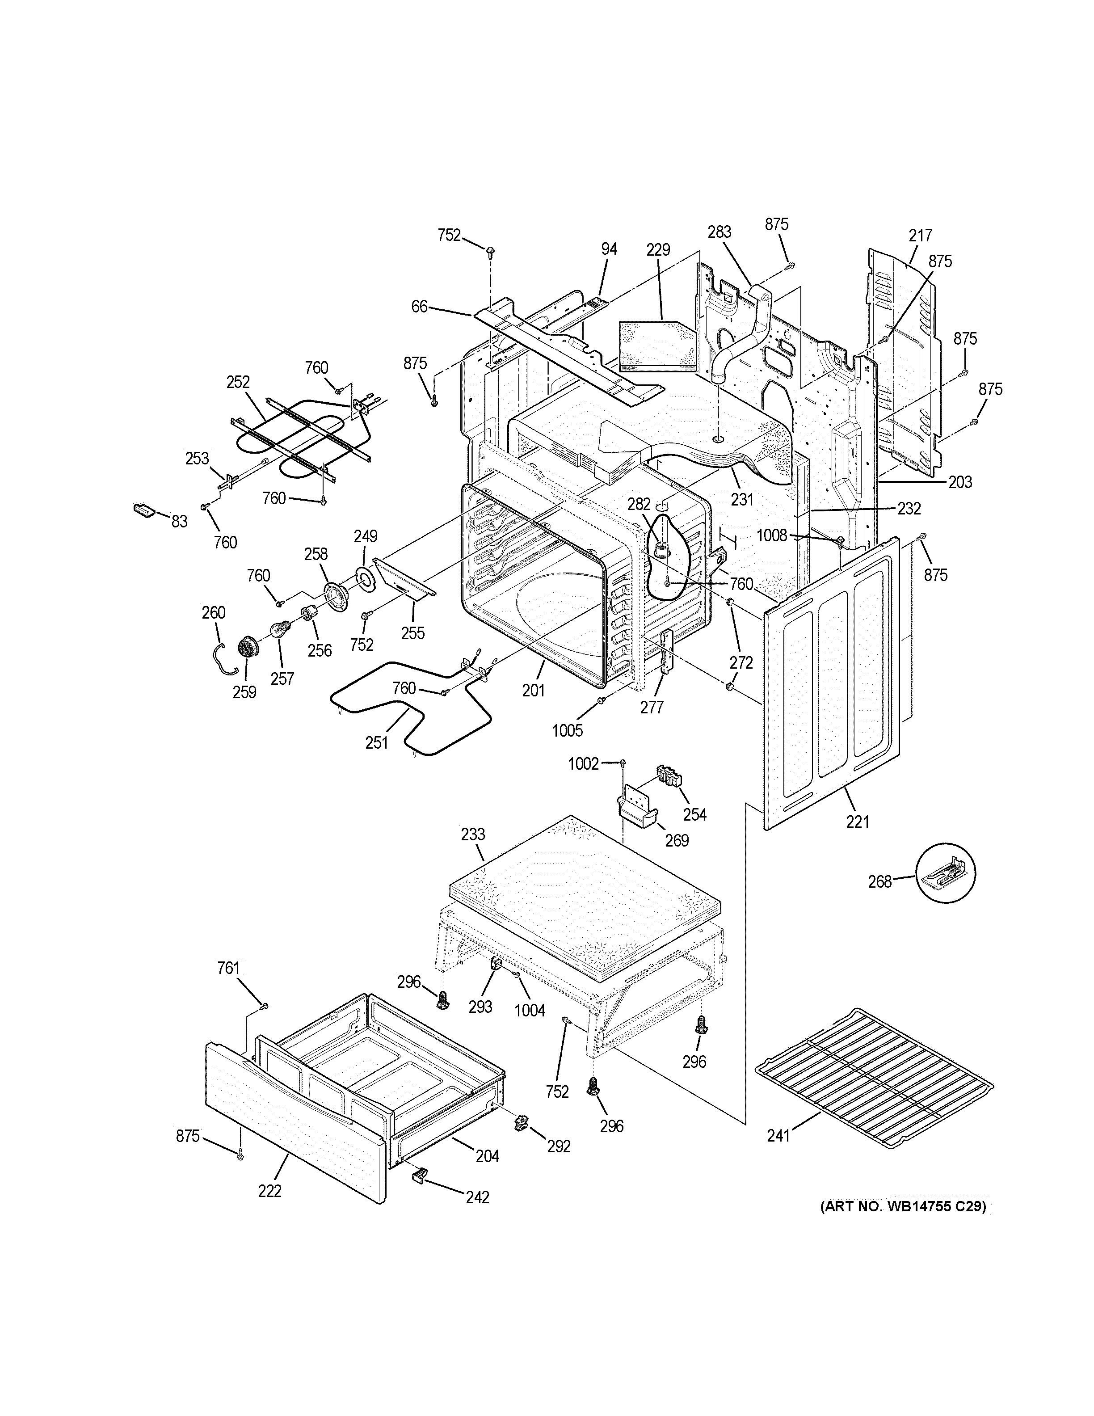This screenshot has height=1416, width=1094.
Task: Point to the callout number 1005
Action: [x=567, y=731]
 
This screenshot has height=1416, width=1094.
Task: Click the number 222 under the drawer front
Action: [x=269, y=1191]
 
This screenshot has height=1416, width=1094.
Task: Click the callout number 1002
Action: [x=583, y=764]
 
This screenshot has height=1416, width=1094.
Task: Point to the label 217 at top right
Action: [x=920, y=236]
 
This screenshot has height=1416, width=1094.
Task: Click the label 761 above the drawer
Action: [x=228, y=986]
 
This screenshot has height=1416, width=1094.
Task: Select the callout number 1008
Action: [x=771, y=535]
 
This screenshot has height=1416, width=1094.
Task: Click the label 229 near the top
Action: [x=658, y=249]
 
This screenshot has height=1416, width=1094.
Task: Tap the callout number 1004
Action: [x=530, y=1010]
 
